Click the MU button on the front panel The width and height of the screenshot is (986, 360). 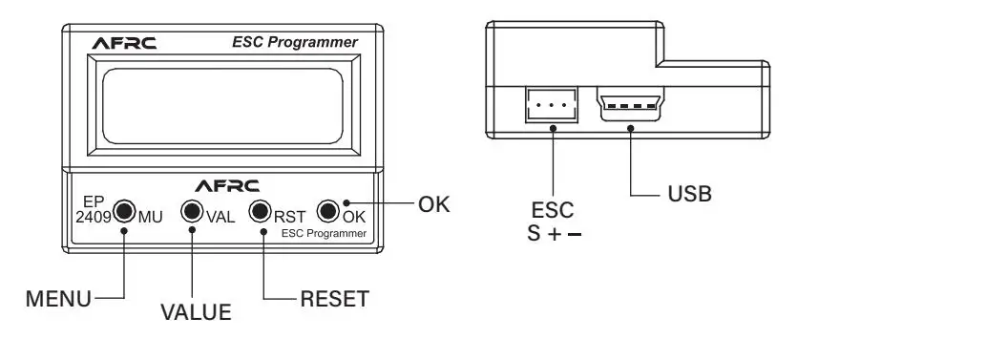tap(125, 211)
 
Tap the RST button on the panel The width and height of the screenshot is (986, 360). tap(260, 211)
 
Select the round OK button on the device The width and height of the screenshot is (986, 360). tap(327, 211)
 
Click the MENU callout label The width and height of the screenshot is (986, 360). tap(58, 299)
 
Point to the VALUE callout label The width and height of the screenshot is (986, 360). tap(196, 312)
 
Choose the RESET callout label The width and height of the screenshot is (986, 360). tap(334, 299)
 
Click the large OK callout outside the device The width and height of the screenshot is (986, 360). tap(434, 204)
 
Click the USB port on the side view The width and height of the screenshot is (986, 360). tap(630, 103)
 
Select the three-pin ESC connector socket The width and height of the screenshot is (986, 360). tap(551, 104)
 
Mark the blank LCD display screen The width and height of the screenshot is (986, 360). tap(222, 106)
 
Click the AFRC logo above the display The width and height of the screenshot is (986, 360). tap(124, 43)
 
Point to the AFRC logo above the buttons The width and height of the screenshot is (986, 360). tap(227, 185)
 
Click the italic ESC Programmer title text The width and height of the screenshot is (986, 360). tap(295, 42)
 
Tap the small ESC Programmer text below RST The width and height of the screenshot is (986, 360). tap(324, 234)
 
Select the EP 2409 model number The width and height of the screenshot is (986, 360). tap(94, 210)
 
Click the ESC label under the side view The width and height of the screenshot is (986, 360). tap(553, 209)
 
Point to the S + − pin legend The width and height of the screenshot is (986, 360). tap(554, 234)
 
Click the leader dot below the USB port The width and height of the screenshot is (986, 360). tap(630, 128)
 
